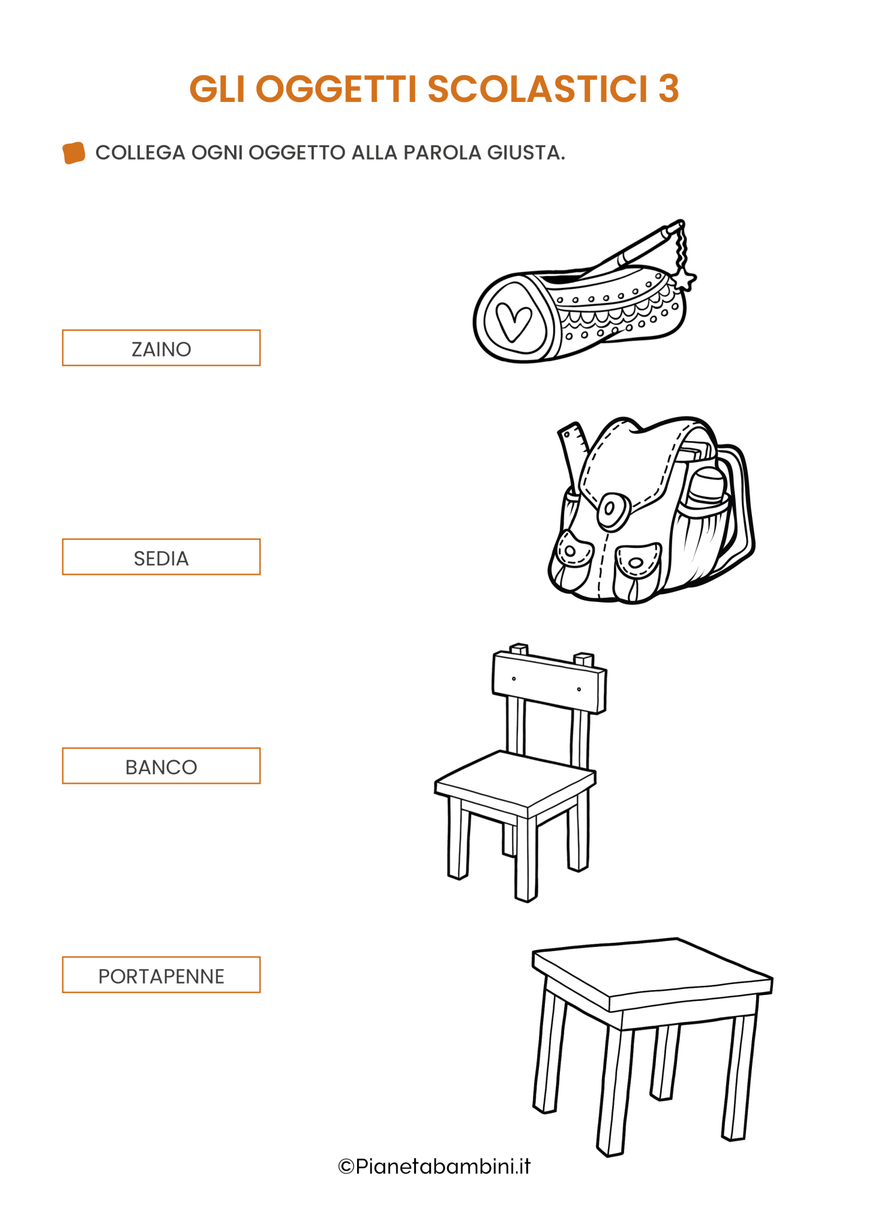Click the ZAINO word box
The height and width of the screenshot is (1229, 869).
[x=161, y=347]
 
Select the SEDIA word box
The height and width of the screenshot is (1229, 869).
[x=161, y=557]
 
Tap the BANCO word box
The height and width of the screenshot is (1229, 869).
[x=161, y=766]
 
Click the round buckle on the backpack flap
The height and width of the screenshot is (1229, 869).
[x=613, y=511]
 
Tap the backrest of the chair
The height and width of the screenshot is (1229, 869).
[x=549, y=682]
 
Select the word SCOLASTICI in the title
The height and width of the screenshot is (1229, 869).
[x=538, y=89]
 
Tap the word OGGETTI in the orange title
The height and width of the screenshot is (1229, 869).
[x=336, y=89]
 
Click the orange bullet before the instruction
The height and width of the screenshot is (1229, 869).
[x=73, y=152]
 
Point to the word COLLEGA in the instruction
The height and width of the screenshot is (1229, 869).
[x=140, y=152]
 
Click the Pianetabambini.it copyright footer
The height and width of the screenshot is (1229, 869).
[x=434, y=1166]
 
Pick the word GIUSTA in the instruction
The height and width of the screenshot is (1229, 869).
[x=526, y=152]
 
